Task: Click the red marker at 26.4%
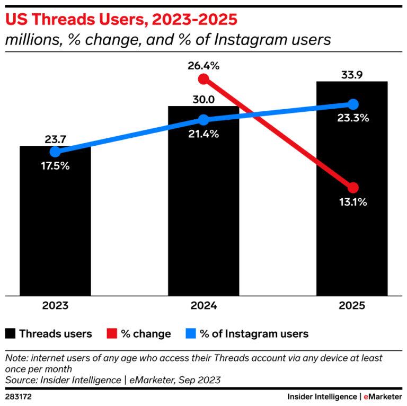[x=203, y=79]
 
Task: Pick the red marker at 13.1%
[x=353, y=188]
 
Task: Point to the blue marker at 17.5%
[x=55, y=152]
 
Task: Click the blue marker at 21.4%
[x=203, y=120]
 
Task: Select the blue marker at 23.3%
[x=353, y=104]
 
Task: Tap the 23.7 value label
[x=55, y=139]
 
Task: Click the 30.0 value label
[x=203, y=100]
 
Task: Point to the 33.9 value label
[x=352, y=75]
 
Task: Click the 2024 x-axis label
[x=203, y=306]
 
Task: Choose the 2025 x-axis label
[x=352, y=306]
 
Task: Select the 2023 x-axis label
[x=55, y=306]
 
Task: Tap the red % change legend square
[x=111, y=333]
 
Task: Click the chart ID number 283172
[x=18, y=396]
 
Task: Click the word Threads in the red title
[x=57, y=20]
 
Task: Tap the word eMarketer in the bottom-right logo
[x=383, y=396]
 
